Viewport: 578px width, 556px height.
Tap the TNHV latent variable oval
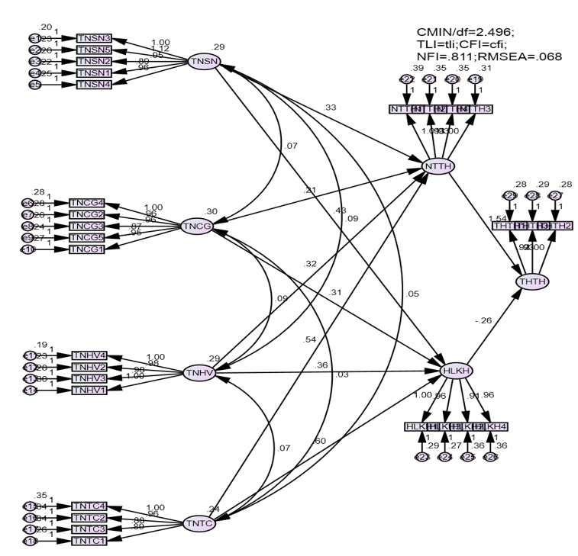(x=201, y=373)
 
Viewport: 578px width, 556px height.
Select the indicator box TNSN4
(x=96, y=84)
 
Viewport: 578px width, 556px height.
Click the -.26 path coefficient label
(x=484, y=320)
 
